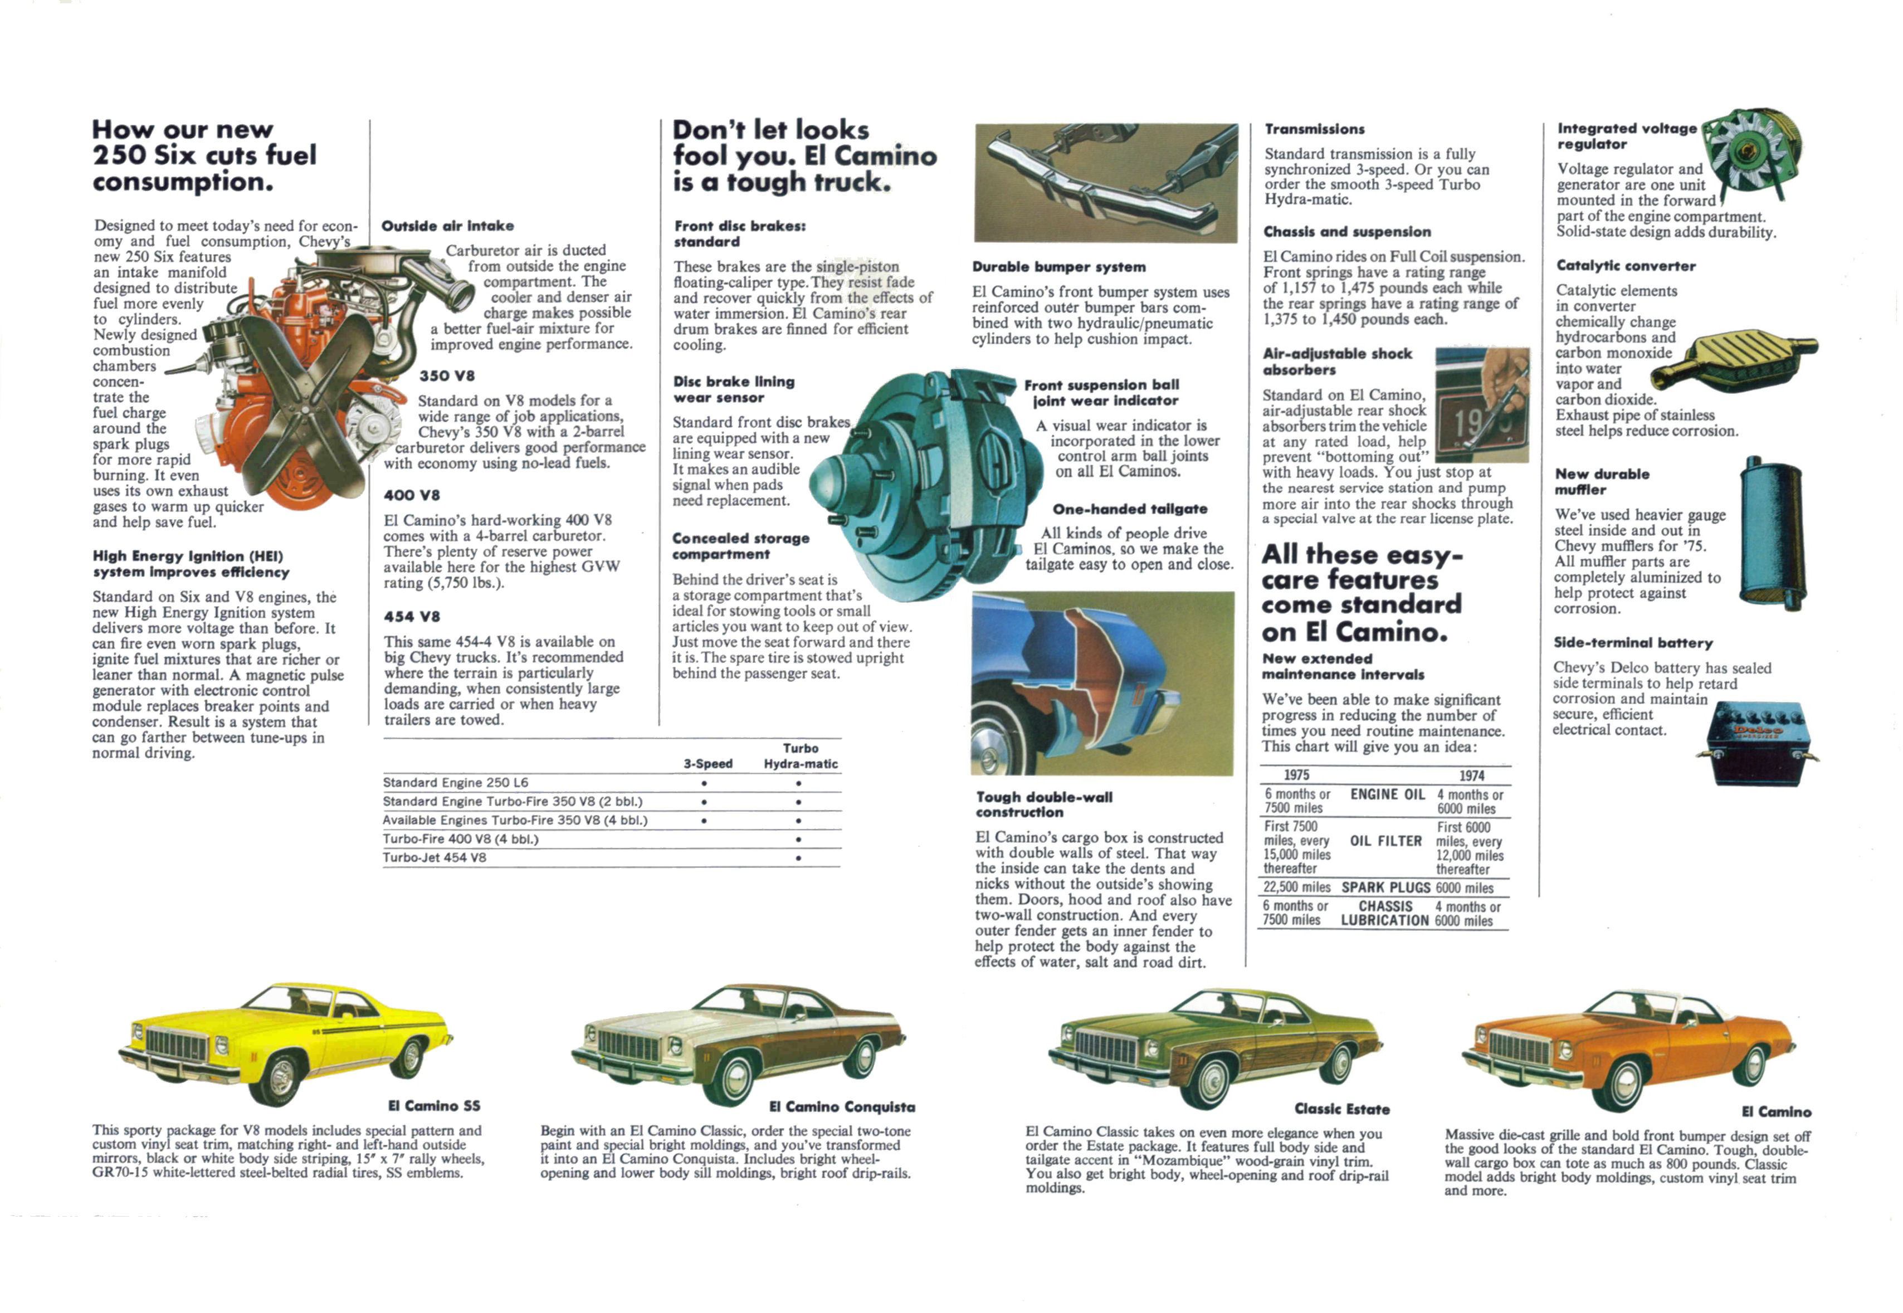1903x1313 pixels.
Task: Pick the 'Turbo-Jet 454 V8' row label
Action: [x=435, y=857]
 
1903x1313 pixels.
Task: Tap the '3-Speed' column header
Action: [x=707, y=763]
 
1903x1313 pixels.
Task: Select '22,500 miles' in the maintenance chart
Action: [x=1297, y=887]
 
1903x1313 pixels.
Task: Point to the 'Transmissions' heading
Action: [x=1314, y=129]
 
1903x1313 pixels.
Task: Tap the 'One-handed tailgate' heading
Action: [x=1130, y=509]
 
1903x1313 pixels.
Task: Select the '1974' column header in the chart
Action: [x=1472, y=775]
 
